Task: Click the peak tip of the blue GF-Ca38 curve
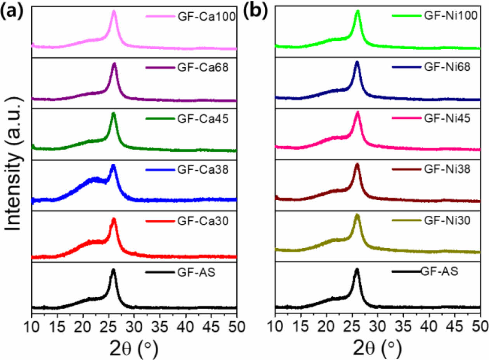(x=113, y=166)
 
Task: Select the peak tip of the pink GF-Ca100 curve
(x=114, y=11)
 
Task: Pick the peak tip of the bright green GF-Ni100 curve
(x=357, y=11)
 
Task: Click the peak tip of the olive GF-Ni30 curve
(x=357, y=215)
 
